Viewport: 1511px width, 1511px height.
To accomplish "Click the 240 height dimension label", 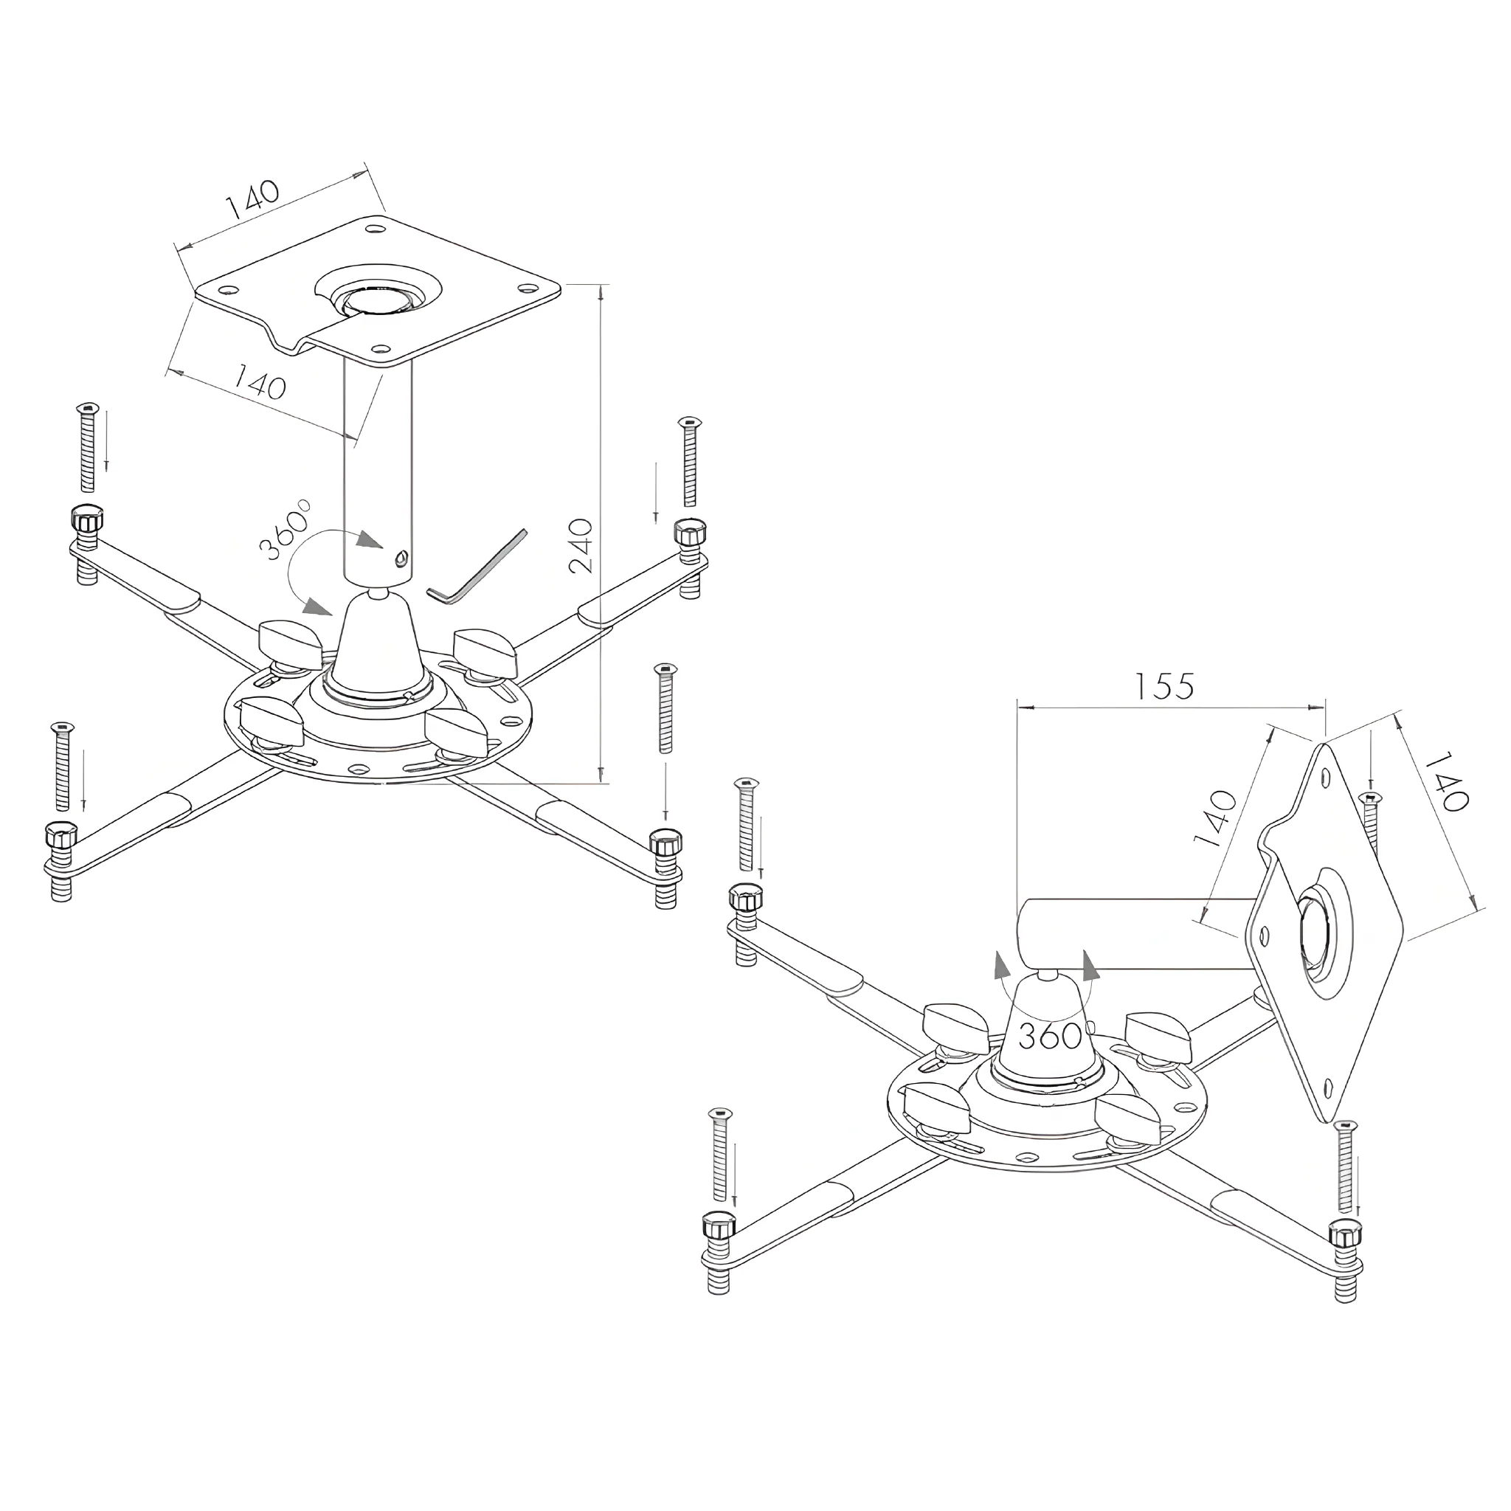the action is coord(582,545).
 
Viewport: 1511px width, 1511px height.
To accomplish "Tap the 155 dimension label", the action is coord(1165,686).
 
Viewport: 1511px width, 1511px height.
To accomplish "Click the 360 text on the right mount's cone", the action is coord(1050,1037).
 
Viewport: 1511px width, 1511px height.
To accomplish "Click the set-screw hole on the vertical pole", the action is coord(401,559).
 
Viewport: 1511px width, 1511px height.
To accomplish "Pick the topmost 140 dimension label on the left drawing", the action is coord(252,199).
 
